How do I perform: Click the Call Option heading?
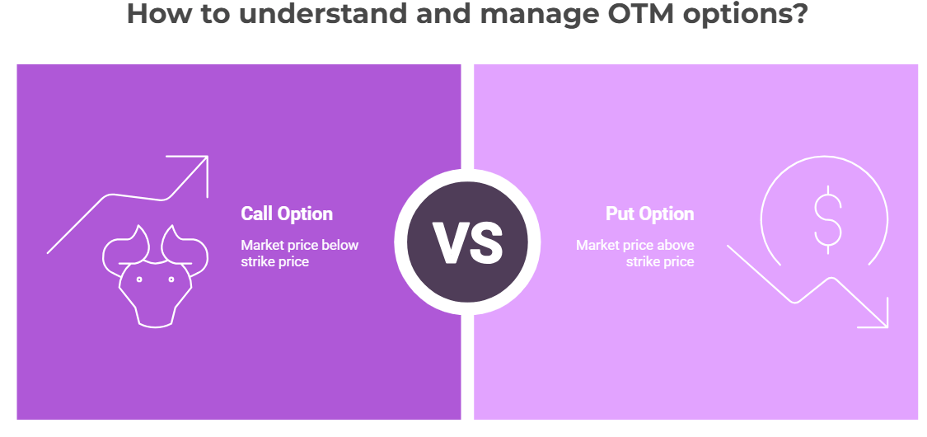(287, 214)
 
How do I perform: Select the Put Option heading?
(650, 214)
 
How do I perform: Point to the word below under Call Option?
(340, 245)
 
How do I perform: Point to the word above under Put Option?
(676, 245)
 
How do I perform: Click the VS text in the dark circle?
(467, 242)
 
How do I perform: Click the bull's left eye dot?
(139, 280)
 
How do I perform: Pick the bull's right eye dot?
(171, 280)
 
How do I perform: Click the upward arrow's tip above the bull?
(206, 157)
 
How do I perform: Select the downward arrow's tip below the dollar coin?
(886, 325)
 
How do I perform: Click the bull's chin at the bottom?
(156, 323)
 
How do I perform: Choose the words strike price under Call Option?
(275, 262)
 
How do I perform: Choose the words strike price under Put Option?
(660, 262)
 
